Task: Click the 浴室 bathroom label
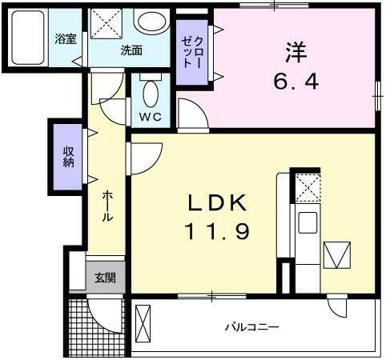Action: [x=65, y=39]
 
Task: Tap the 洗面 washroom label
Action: [x=131, y=50]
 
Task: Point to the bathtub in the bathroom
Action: [x=29, y=38]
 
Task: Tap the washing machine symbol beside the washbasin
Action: [x=106, y=23]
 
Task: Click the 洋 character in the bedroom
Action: [x=294, y=52]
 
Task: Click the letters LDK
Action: [x=218, y=203]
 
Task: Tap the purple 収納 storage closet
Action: [x=68, y=157]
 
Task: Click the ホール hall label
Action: [x=107, y=206]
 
